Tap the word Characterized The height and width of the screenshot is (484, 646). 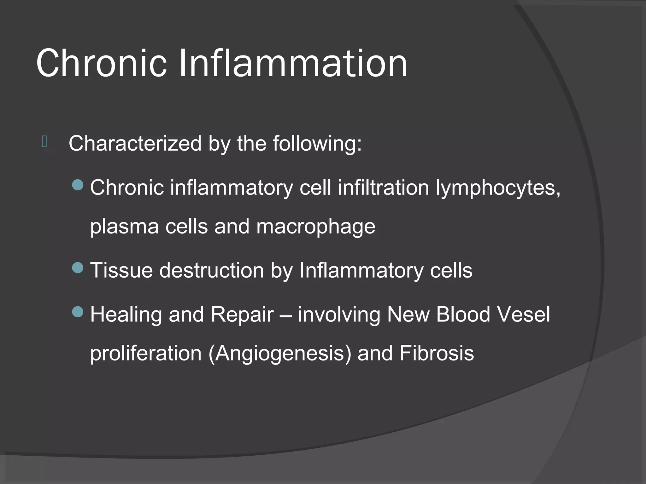(x=135, y=144)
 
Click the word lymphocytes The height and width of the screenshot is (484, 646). (x=498, y=188)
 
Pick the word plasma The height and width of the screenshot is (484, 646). (x=124, y=227)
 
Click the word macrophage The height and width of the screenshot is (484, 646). (x=316, y=227)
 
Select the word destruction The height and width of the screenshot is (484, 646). (x=211, y=270)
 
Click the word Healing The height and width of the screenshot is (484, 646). (x=126, y=314)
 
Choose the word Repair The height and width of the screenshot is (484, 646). (x=242, y=314)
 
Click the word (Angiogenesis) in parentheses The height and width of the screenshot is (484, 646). (x=280, y=354)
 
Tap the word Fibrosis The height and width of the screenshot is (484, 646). (x=437, y=353)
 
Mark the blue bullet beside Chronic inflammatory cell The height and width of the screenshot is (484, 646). (x=78, y=185)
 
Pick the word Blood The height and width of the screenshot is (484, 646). (x=463, y=314)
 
